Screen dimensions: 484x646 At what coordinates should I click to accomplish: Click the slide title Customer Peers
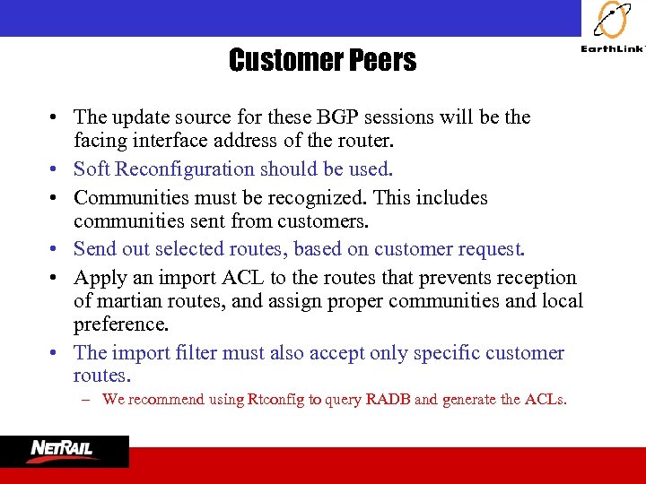coord(322,60)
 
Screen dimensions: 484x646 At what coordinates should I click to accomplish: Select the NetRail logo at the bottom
coord(65,451)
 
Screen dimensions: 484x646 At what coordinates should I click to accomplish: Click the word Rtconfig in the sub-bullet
coord(275,399)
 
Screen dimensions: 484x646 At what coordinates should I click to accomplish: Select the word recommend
coord(166,399)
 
